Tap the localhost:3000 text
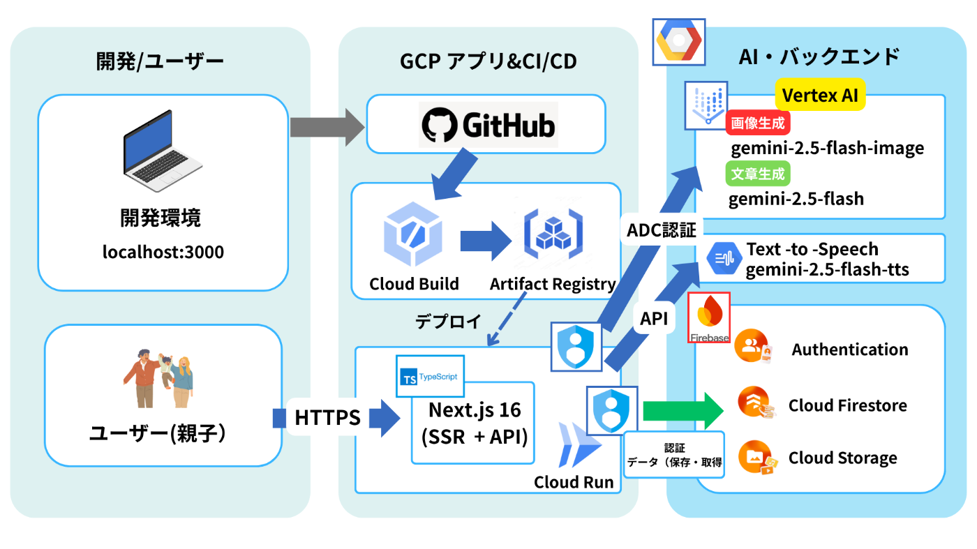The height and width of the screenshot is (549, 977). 163,252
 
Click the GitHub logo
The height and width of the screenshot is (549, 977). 488,125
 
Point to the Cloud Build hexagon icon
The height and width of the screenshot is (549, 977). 413,235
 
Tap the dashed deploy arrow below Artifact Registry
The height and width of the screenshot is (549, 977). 507,321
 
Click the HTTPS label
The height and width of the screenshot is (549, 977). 327,419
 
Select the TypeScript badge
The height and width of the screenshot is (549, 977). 430,377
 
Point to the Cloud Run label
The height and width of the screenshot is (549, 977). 574,482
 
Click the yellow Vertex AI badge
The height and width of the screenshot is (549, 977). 820,96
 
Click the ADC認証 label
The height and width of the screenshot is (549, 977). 661,230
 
